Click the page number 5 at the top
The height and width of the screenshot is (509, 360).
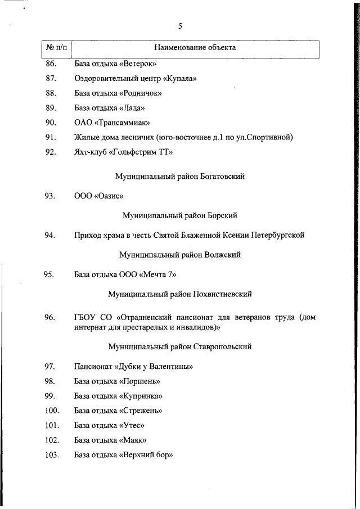tap(180, 26)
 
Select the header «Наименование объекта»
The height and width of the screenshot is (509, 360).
tap(195, 48)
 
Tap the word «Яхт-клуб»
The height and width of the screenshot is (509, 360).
tap(90, 152)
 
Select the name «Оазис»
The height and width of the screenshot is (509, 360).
tap(110, 196)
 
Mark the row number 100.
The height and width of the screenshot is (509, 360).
tap(52, 411)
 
